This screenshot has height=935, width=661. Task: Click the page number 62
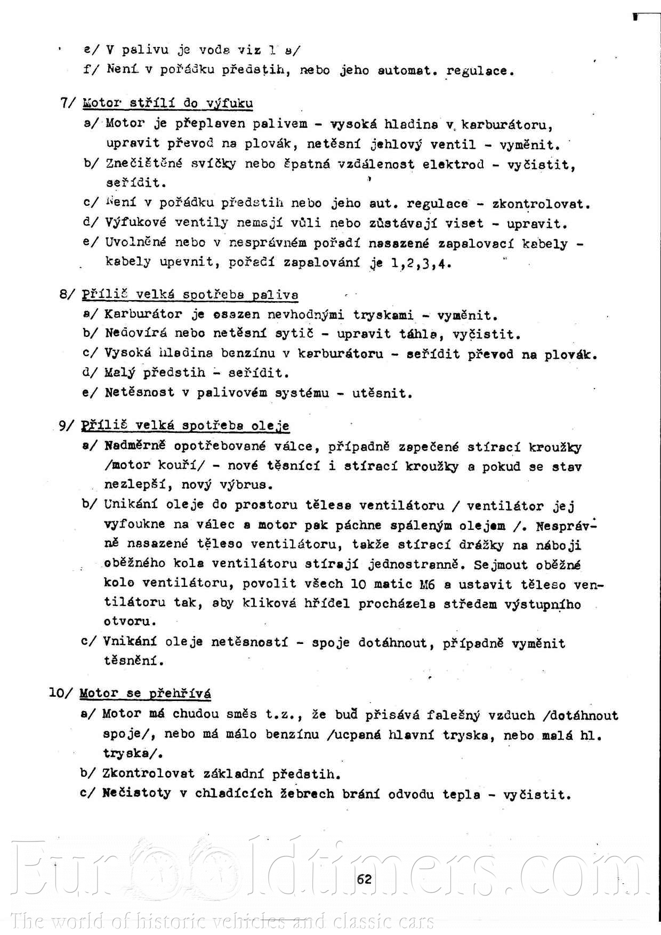364,879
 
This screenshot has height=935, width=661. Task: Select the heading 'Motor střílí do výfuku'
168,103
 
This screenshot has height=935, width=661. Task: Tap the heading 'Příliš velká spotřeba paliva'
190,295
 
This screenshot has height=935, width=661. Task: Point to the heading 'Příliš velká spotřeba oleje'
185,425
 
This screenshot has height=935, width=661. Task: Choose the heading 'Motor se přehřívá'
145,694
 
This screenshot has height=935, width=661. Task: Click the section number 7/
68,103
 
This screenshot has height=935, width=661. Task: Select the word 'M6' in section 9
427,585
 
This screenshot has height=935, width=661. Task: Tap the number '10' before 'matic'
358,584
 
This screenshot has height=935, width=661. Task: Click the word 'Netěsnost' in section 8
139,393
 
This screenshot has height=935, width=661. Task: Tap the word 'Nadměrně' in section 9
135,446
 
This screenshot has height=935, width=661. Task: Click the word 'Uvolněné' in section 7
135,243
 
